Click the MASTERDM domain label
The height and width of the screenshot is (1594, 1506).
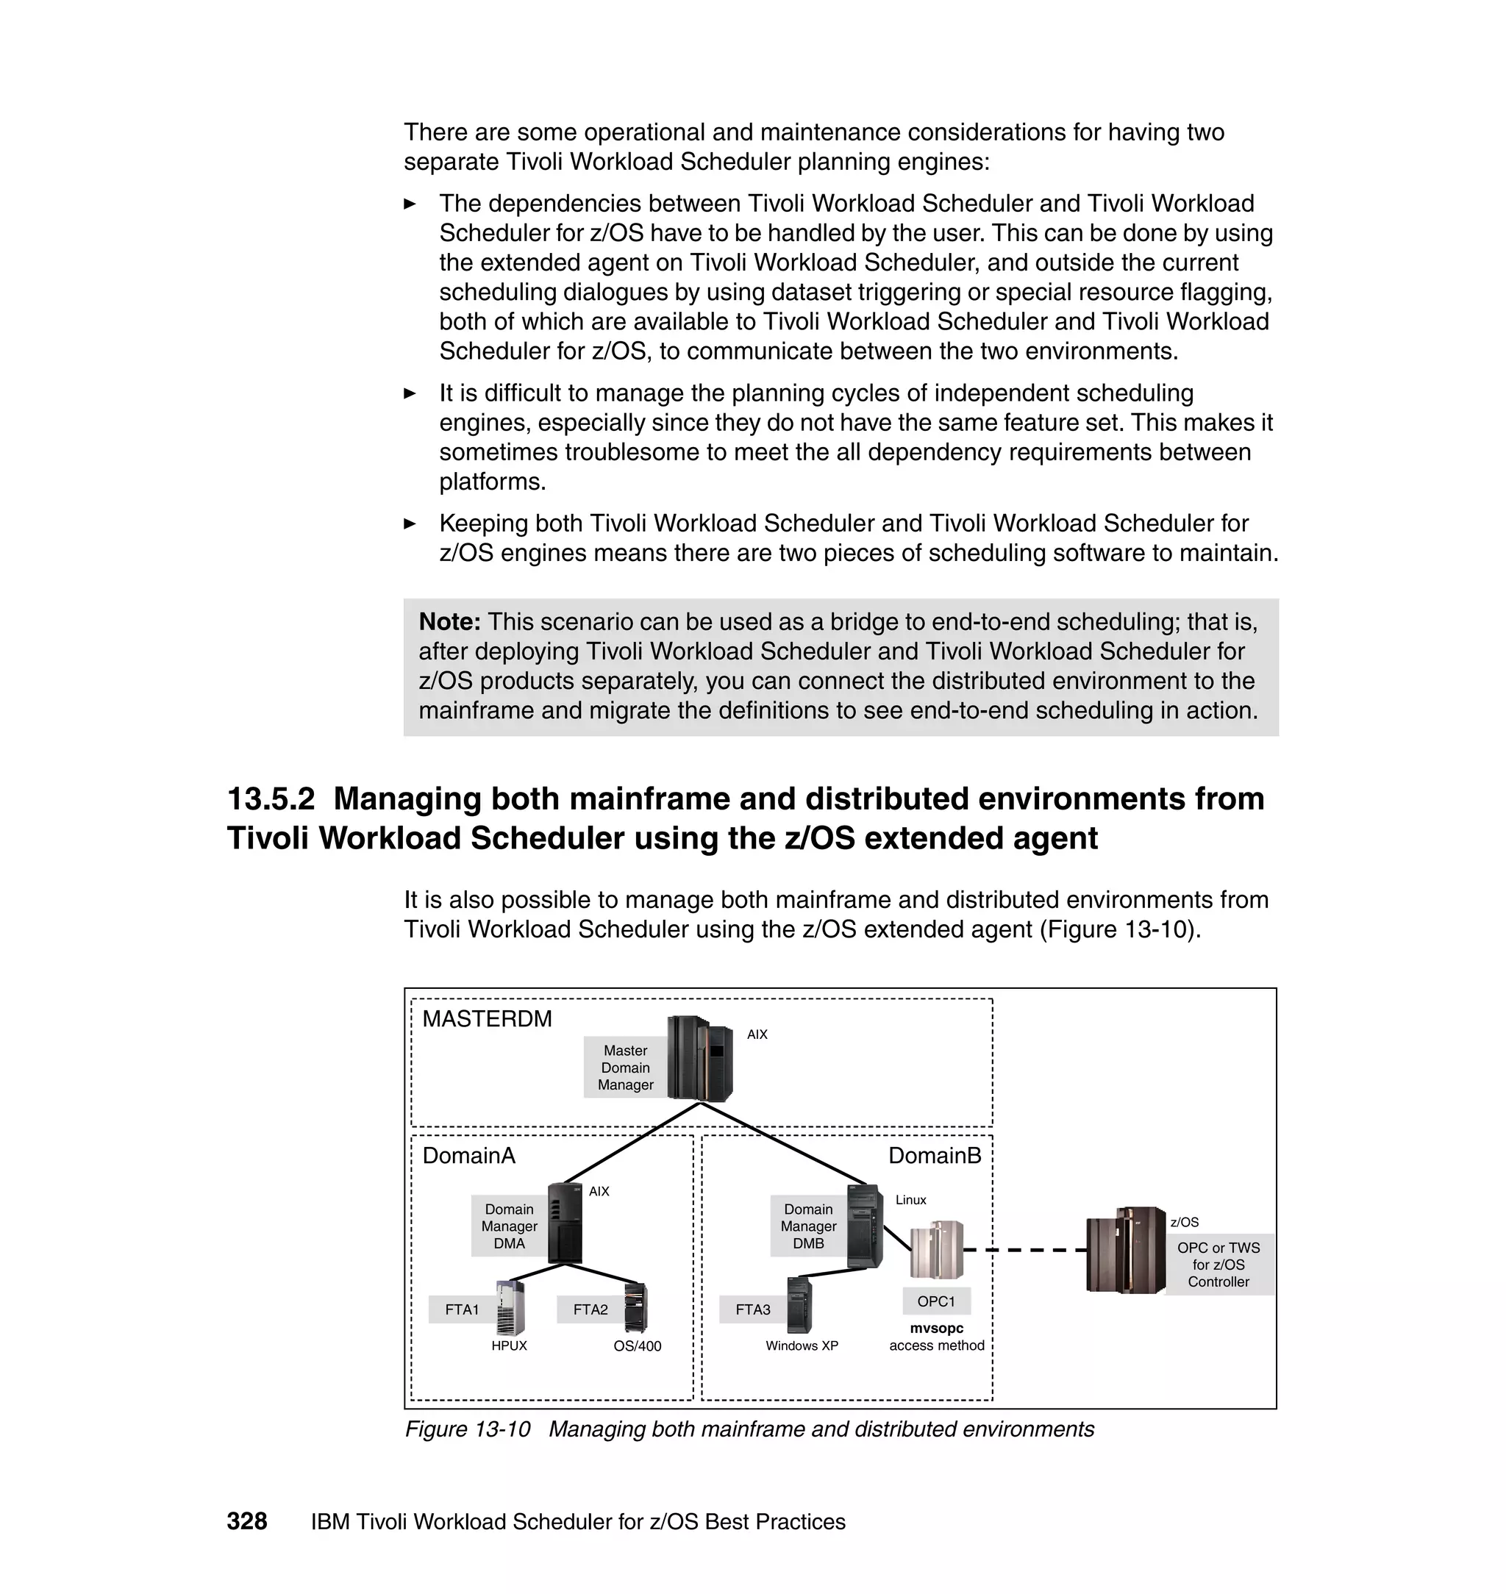pyautogui.click(x=487, y=1018)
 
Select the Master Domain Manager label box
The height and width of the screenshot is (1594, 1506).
pyautogui.click(x=624, y=1068)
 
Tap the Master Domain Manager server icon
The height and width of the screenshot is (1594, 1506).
pyautogui.click(x=700, y=1058)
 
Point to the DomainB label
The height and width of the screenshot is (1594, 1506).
pyautogui.click(x=935, y=1155)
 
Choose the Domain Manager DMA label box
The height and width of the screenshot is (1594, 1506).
pyautogui.click(x=508, y=1226)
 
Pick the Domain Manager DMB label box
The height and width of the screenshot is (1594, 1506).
pyautogui.click(x=807, y=1226)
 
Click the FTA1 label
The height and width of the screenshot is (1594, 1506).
pyautogui.click(x=462, y=1309)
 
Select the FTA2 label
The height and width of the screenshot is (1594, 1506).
pyautogui.click(x=590, y=1309)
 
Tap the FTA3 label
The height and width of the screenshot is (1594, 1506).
pyautogui.click(x=752, y=1309)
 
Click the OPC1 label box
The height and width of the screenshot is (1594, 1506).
pyautogui.click(x=936, y=1301)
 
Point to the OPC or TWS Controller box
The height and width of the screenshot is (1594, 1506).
pyautogui.click(x=1218, y=1264)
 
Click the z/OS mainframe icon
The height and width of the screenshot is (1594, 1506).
pyautogui.click(x=1124, y=1250)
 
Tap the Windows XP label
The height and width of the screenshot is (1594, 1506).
pyautogui.click(x=802, y=1346)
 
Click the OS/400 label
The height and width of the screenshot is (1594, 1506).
pyautogui.click(x=638, y=1346)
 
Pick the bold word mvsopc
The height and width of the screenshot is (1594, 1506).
pyautogui.click(x=936, y=1329)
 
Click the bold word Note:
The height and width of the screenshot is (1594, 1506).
pyautogui.click(x=449, y=621)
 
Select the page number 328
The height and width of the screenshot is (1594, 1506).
pyautogui.click(x=246, y=1522)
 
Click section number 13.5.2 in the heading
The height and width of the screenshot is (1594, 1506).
pyautogui.click(x=271, y=798)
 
